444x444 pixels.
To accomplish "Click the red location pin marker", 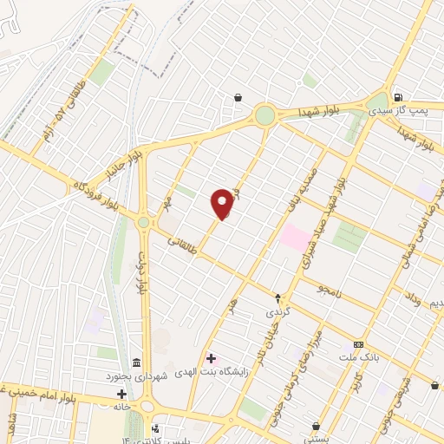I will [223, 204].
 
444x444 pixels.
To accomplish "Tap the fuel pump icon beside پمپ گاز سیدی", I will [398, 98].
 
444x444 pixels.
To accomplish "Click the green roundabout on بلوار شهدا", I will [264, 115].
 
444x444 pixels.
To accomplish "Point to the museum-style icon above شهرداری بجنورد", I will [135, 362].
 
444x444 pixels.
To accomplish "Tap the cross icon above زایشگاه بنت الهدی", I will [211, 357].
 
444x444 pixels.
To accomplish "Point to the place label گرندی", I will [274, 310].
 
